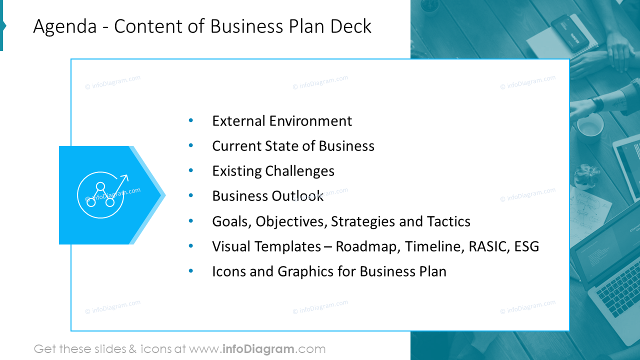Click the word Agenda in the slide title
click(x=64, y=26)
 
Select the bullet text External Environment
click(x=282, y=121)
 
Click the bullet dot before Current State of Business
click(x=190, y=145)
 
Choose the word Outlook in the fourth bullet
click(x=297, y=196)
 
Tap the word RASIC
click(x=488, y=246)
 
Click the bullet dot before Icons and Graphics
click(x=190, y=271)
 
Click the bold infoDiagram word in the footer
click(x=257, y=349)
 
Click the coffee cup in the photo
click(x=590, y=125)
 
